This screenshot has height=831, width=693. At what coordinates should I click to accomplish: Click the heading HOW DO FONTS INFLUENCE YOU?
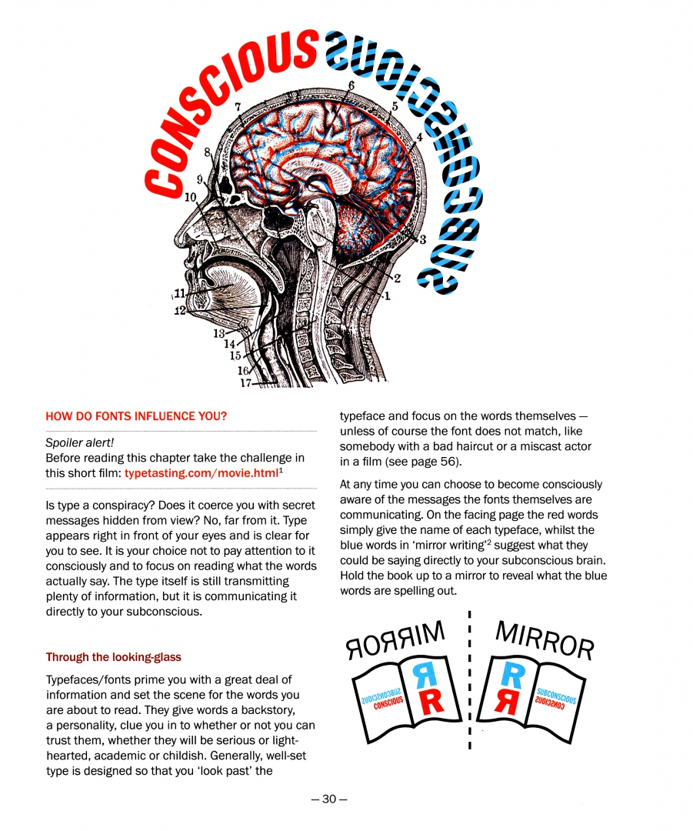pyautogui.click(x=136, y=416)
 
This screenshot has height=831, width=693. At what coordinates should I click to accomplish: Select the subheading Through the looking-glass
pyautogui.click(x=113, y=657)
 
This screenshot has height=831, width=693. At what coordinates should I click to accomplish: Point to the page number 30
pyautogui.click(x=329, y=799)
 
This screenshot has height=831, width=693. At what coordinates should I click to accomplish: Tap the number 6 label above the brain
pyautogui.click(x=351, y=85)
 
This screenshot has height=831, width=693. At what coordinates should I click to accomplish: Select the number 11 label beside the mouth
pyautogui.click(x=179, y=292)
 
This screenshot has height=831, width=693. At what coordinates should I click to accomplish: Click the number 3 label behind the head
pyautogui.click(x=422, y=239)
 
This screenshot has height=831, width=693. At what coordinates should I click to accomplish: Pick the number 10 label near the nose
pyautogui.click(x=191, y=196)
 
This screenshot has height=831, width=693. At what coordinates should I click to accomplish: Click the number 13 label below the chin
pyautogui.click(x=219, y=334)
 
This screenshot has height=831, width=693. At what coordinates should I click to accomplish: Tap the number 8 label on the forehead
pyautogui.click(x=207, y=152)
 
